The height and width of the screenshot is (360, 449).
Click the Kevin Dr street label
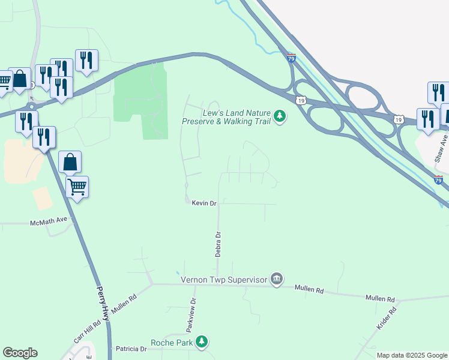click(203, 203)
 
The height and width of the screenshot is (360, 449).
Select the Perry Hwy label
click(103, 303)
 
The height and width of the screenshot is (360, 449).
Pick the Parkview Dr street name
click(191, 316)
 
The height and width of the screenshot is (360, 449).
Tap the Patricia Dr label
click(131, 349)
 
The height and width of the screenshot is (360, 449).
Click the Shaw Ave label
click(442, 148)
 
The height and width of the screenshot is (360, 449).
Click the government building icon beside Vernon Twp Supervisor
click(277, 279)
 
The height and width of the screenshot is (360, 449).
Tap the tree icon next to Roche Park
click(203, 342)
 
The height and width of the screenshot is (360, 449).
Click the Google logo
click(20, 353)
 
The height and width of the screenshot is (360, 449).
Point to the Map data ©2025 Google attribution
click(411, 355)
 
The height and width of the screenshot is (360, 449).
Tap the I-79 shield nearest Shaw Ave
click(438, 179)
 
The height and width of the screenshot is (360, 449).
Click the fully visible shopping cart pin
click(77, 187)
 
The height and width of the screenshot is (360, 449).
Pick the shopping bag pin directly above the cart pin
click(70, 162)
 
